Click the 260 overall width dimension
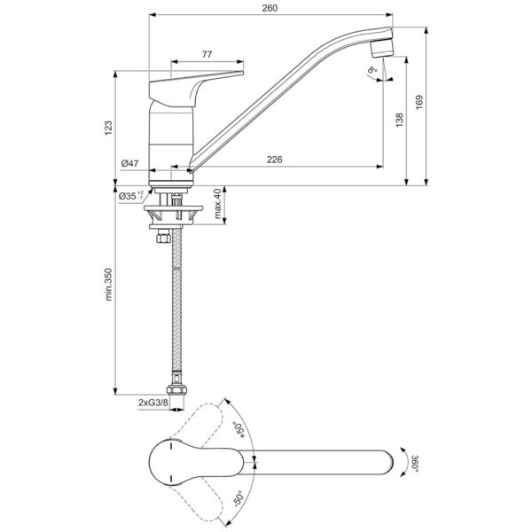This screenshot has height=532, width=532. pos(270,8)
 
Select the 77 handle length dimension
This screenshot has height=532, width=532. pos(206,55)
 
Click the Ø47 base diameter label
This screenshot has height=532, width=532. pos(129,163)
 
